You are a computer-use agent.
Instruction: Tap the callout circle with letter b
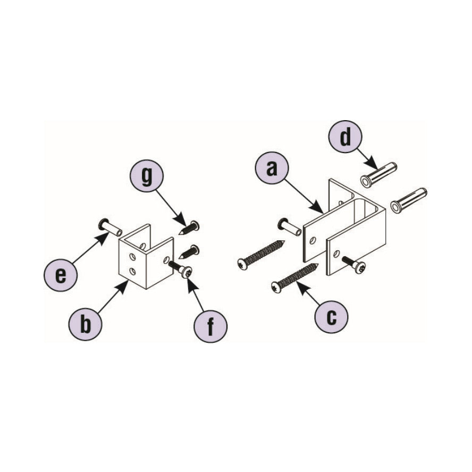[x=86, y=324]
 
